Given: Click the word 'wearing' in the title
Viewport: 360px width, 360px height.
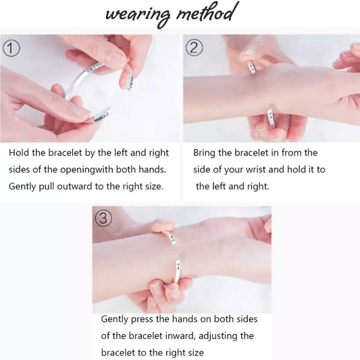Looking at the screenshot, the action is pos(138,15).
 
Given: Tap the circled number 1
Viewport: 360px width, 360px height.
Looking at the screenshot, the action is pos(11,49).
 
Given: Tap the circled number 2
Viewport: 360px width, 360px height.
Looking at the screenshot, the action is pos(195,48).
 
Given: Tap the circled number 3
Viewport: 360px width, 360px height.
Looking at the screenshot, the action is pos(103,218).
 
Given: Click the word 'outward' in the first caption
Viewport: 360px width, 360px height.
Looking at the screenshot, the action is pos(74,186).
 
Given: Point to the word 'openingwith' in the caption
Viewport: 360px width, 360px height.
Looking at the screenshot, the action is pos(86,170).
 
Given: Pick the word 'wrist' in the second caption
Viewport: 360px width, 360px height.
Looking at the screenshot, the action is pos(255,170).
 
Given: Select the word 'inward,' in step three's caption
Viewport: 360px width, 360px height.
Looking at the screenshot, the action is pos(180,336).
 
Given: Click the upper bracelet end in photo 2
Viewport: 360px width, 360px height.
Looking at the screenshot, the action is pos(252,68).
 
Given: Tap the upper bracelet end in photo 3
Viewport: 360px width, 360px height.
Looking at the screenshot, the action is pos(172,238).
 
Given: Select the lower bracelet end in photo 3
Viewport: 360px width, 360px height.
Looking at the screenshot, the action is pos(177,272).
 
